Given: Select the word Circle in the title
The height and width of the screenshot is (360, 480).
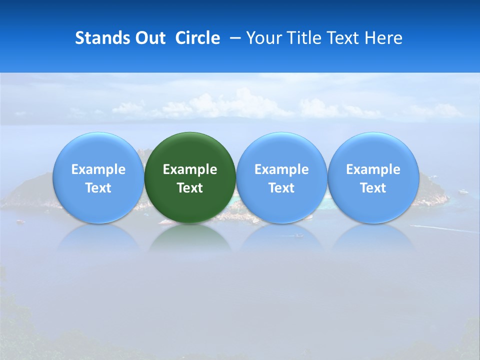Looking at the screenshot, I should (197, 38).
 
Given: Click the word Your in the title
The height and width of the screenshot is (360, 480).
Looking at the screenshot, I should (263, 38).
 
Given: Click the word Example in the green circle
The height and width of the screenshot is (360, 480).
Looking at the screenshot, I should (190, 169).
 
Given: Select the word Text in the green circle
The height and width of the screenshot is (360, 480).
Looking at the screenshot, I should (190, 188).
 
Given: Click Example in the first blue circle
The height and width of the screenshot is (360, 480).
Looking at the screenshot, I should (98, 169).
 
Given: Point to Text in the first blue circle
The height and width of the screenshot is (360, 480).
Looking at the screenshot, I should (98, 188).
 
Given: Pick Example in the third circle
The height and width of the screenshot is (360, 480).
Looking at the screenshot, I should (281, 169).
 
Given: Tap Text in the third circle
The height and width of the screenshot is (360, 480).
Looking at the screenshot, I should (281, 188).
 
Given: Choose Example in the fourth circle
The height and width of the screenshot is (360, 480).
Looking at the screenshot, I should (373, 169).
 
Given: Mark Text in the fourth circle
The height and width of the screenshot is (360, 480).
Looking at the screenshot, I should (373, 188).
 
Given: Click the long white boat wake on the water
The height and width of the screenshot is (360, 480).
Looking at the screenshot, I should (440, 229).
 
